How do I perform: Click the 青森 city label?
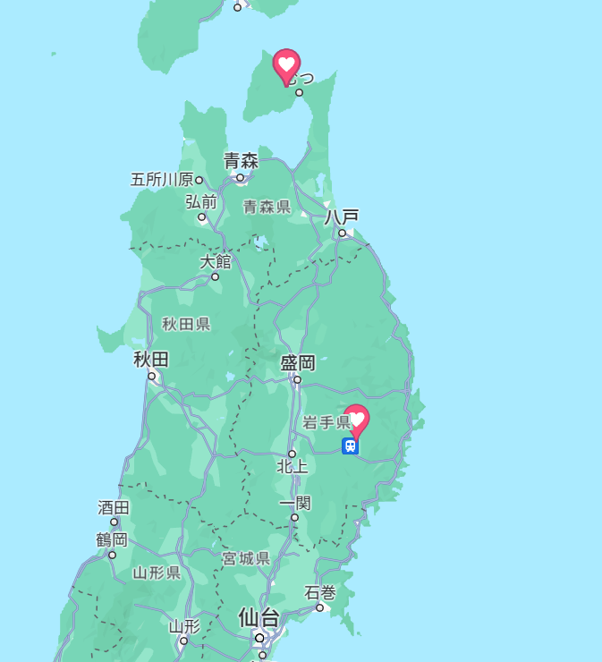(241, 161)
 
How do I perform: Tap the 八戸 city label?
(342, 216)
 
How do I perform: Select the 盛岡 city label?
(298, 362)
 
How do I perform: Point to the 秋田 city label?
(151, 360)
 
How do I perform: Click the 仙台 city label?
(259, 618)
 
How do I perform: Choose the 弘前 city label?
(201, 201)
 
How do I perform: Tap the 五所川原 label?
(162, 180)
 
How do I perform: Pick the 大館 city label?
(216, 261)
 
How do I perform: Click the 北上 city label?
(292, 466)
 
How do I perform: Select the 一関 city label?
(294, 503)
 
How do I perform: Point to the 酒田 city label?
(114, 507)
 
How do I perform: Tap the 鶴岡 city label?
(112, 539)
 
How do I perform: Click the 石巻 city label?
(319, 592)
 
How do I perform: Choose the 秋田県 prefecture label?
(186, 324)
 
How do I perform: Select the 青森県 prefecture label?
(267, 207)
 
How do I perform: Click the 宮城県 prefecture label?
(246, 558)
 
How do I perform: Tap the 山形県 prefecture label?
(157, 573)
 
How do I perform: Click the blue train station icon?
(351, 446)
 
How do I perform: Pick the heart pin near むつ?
(286, 64)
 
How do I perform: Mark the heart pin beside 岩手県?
(357, 419)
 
